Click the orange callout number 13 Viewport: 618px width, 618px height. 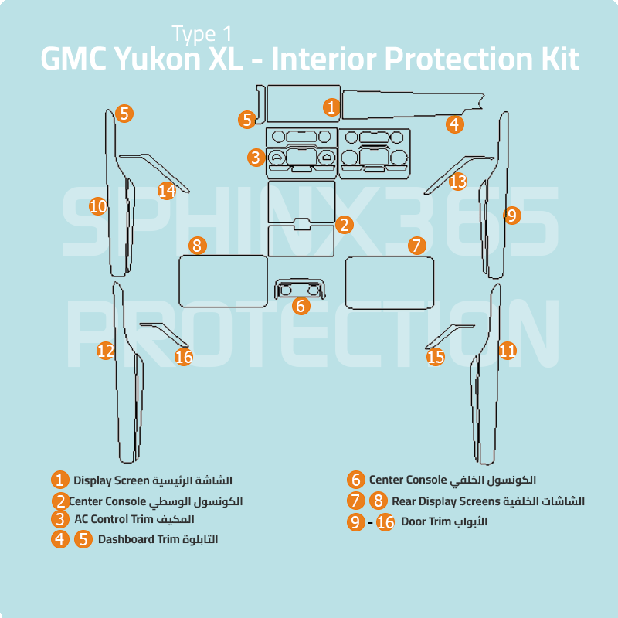(458, 182)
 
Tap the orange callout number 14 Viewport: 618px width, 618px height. (167, 190)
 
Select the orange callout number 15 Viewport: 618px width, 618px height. (436, 356)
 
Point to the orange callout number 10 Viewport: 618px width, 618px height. (97, 206)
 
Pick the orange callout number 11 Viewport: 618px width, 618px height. (508, 351)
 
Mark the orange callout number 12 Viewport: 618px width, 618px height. (105, 351)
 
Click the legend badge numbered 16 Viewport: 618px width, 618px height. (385, 522)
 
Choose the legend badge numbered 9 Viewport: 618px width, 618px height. (355, 522)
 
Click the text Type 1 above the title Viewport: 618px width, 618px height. (202, 33)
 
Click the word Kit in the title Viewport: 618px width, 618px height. (555, 59)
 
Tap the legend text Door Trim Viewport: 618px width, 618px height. (426, 522)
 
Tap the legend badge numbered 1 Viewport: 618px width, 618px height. (60, 480)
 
